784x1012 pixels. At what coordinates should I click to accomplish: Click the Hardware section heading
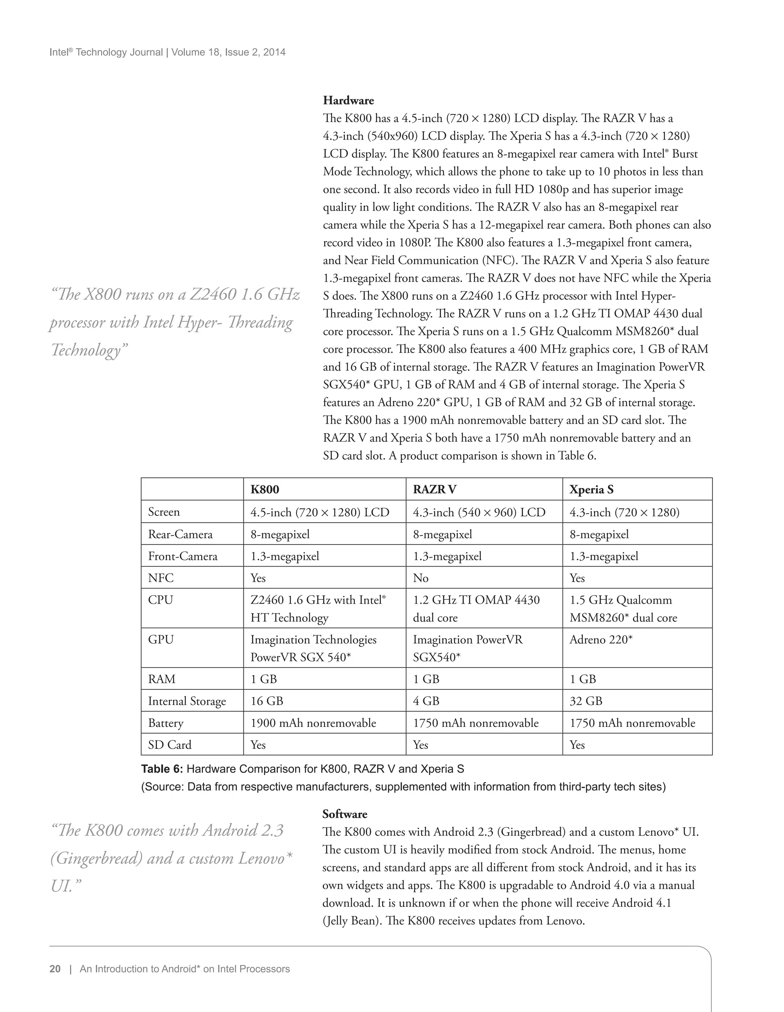tap(348, 101)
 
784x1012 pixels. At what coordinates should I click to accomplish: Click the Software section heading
tap(345, 814)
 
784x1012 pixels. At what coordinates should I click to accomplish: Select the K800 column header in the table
tap(265, 490)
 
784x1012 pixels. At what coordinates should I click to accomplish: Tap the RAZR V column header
tap(434, 490)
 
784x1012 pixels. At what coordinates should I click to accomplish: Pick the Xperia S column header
tap(591, 490)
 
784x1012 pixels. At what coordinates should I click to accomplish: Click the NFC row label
tap(161, 578)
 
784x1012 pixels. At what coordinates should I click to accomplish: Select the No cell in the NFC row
tap(421, 578)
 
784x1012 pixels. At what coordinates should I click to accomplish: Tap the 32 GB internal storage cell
tap(586, 701)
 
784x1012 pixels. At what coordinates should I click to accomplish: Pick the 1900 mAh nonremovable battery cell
tap(313, 723)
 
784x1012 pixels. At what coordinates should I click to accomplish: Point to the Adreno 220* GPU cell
tap(601, 640)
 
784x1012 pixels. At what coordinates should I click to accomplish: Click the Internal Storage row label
tap(187, 701)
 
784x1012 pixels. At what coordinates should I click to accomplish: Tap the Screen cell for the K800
tap(320, 512)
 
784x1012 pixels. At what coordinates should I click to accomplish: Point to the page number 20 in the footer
tap(55, 969)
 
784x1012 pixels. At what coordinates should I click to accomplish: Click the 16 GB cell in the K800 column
tap(266, 701)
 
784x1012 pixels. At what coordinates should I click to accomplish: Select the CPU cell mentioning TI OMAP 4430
tap(476, 609)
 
